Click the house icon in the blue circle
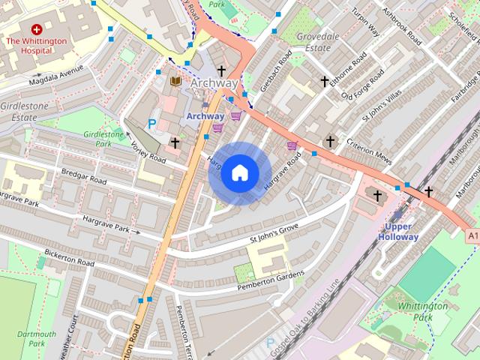(x=239, y=173)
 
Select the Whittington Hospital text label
(x=36, y=46)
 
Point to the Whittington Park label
(x=422, y=311)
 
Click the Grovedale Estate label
(x=317, y=41)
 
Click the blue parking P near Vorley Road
(x=153, y=124)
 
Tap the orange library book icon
(x=175, y=81)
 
